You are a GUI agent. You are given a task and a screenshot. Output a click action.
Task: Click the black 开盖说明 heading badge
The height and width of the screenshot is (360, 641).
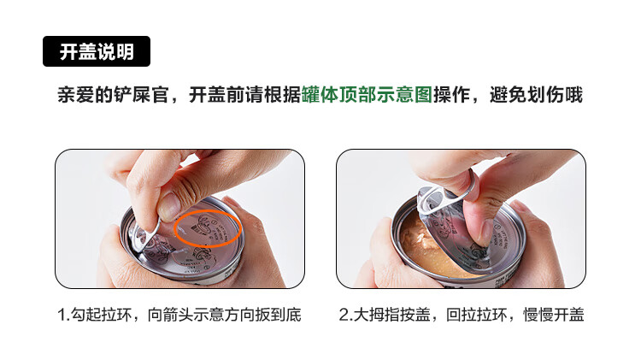[x=97, y=51]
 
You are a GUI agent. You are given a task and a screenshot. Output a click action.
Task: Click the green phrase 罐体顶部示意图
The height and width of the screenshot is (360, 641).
[x=367, y=95]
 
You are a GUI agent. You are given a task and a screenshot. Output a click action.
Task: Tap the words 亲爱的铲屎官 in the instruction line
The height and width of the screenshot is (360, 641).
[x=113, y=95]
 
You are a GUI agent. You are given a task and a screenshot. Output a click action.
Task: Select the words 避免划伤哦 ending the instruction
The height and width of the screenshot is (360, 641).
[x=536, y=95]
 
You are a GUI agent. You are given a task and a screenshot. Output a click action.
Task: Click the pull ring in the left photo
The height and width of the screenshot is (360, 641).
[x=143, y=237]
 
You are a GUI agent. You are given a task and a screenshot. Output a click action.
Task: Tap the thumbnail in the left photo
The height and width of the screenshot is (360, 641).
[x=168, y=208]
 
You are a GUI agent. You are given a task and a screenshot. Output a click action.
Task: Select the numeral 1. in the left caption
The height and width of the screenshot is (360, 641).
[x=64, y=315]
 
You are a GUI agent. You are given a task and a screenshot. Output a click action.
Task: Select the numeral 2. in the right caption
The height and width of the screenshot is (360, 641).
[x=346, y=315]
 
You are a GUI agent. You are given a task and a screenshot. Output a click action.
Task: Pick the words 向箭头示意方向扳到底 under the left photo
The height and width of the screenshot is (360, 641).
[x=225, y=315]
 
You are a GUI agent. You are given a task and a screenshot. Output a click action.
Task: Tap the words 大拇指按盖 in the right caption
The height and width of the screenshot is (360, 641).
[x=392, y=315]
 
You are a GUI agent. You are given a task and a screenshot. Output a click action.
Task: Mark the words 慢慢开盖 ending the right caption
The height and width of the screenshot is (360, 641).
[x=554, y=315]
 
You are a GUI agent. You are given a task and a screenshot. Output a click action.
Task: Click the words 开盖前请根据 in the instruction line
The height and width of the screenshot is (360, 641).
[x=245, y=95]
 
